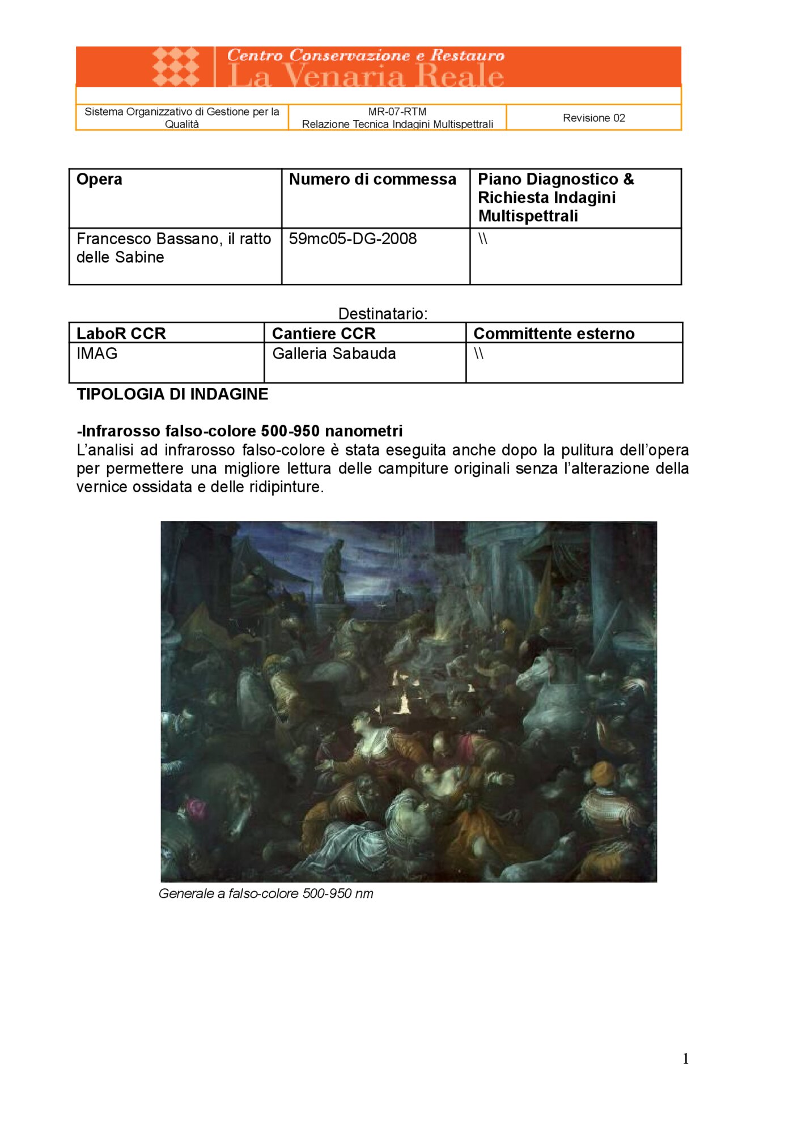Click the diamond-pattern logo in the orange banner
coord(176,66)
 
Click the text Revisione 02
coord(593,118)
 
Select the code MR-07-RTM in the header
coord(397,112)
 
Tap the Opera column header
coord(99,180)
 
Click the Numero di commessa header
coord(372,180)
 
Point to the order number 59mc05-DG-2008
coord(353,239)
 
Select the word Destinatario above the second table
coord(383,313)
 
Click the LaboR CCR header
coord(121,334)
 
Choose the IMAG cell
coord(97,353)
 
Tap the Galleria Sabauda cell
coord(334,353)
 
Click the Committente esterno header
coord(554,334)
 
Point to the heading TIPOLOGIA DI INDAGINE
coord(172,394)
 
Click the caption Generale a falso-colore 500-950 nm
coord(266,893)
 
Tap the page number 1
coord(686,1059)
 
